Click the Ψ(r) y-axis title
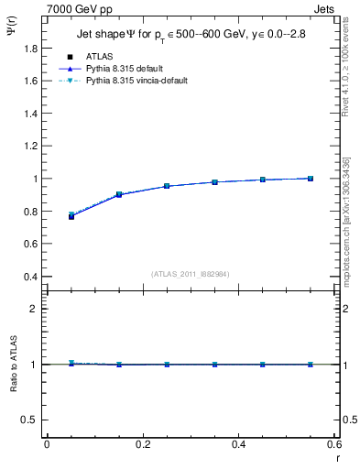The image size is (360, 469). click(x=12, y=29)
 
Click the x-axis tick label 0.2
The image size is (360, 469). click(x=142, y=444)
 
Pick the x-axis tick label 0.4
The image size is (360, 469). click(x=239, y=444)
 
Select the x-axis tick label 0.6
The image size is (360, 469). click(x=333, y=444)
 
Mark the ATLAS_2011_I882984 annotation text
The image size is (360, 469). click(x=191, y=274)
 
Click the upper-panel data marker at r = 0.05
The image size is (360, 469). click(x=71, y=216)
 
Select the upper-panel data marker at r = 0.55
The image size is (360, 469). click(x=311, y=179)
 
